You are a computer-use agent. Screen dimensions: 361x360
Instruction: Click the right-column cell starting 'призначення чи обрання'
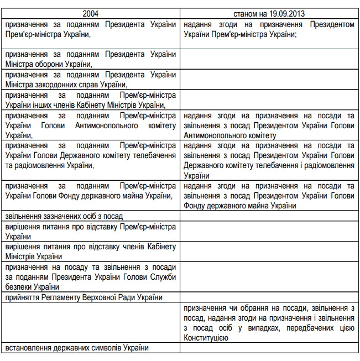(x=269, y=322)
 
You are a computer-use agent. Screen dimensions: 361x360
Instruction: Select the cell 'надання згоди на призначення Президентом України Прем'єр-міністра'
(x=269, y=29)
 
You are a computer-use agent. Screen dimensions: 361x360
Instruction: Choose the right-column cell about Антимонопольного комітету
(x=269, y=125)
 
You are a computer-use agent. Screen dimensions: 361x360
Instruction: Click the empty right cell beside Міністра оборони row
(x=269, y=59)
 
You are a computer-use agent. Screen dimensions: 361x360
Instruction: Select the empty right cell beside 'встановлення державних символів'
(x=269, y=347)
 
